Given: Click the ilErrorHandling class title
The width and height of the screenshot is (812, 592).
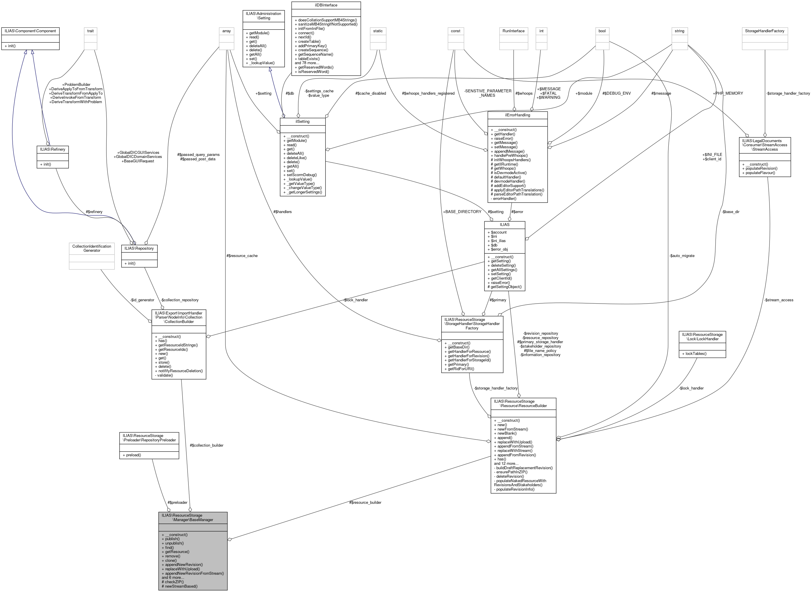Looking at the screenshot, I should tap(517, 115).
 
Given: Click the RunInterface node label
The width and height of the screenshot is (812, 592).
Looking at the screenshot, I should tap(513, 31).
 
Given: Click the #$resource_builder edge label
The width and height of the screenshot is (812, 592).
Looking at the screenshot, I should tap(365, 502).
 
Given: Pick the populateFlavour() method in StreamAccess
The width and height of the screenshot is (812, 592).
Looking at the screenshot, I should tap(758, 173).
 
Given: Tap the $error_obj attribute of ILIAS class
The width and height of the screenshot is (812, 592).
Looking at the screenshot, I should tap(499, 249).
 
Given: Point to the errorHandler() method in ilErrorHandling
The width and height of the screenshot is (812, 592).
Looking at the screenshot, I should tap(503, 198).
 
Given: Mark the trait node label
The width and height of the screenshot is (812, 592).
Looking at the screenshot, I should tap(90, 31).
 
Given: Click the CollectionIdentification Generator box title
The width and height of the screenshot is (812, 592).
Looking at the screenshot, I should tap(92, 248).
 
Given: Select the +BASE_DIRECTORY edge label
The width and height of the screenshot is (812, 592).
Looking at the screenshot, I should tap(462, 212).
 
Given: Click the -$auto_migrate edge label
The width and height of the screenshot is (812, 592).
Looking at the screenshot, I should tap(682, 256).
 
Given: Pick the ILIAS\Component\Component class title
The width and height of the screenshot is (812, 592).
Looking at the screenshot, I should tap(30, 31).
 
